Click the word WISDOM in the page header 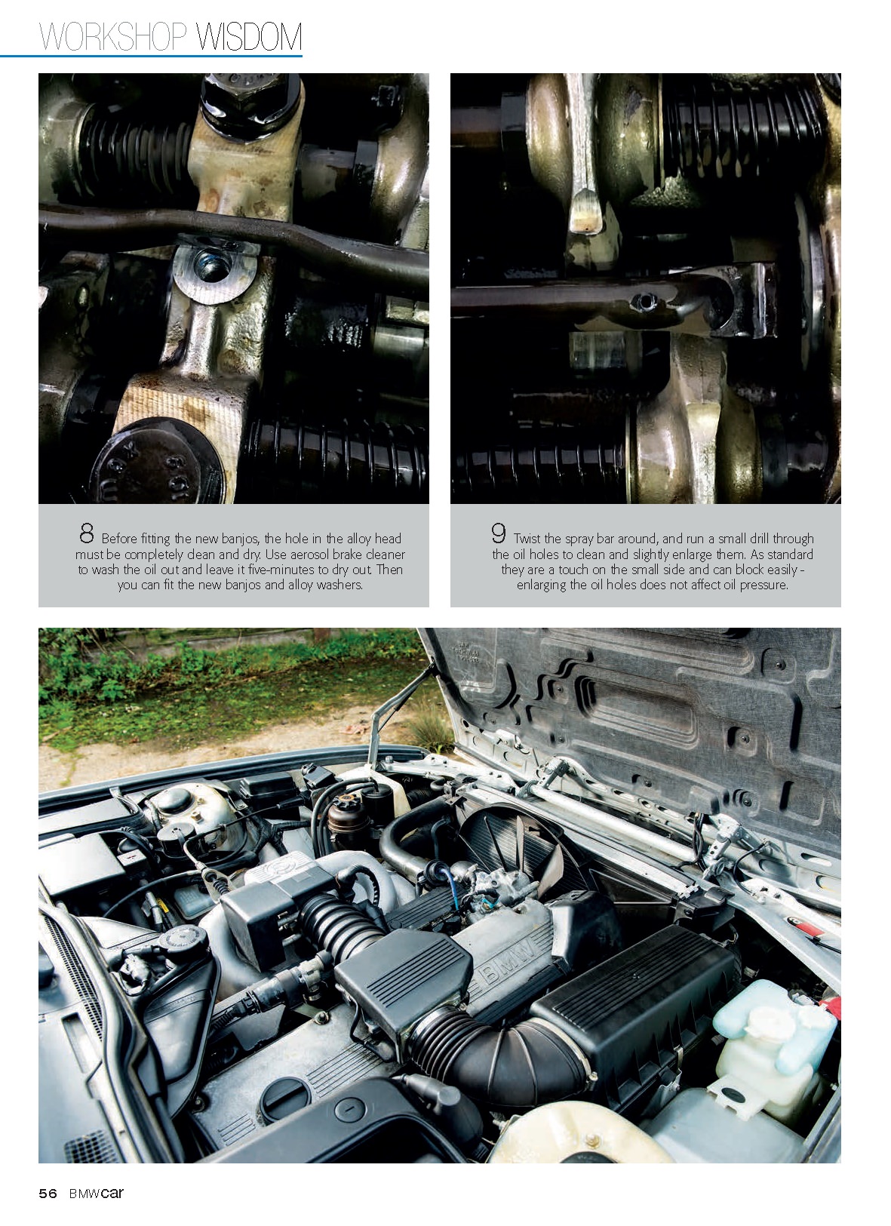coord(248,37)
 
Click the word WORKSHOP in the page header coord(113,37)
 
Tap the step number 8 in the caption coord(87,533)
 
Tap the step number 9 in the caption coord(498,533)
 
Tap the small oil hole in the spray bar coord(643,300)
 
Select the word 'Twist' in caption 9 coord(527,539)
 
